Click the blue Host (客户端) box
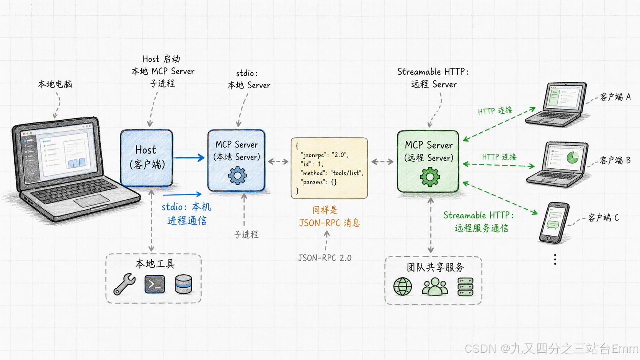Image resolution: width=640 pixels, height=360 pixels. [147, 158]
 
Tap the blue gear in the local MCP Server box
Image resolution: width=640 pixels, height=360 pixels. [237, 176]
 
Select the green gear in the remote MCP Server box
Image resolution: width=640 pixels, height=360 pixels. [430, 177]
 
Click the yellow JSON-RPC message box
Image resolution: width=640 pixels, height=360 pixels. [329, 168]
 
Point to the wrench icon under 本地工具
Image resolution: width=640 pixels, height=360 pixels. [124, 284]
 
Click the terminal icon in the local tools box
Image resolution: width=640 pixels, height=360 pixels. [155, 284]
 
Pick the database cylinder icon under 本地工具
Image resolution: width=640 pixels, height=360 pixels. [183, 284]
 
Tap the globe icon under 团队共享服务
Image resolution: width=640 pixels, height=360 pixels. [403, 286]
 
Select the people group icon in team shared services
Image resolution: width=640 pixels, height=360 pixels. [435, 286]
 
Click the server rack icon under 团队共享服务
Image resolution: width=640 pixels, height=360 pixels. [465, 287]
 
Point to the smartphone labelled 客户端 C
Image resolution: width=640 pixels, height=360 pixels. [554, 223]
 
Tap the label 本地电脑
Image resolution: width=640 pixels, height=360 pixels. [55, 84]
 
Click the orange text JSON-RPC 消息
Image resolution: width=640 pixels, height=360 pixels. [329, 223]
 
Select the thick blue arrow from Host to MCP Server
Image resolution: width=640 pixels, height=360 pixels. [189, 157]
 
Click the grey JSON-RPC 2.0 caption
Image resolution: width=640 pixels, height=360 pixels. [325, 258]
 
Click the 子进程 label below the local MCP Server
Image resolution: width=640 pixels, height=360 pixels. [246, 235]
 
